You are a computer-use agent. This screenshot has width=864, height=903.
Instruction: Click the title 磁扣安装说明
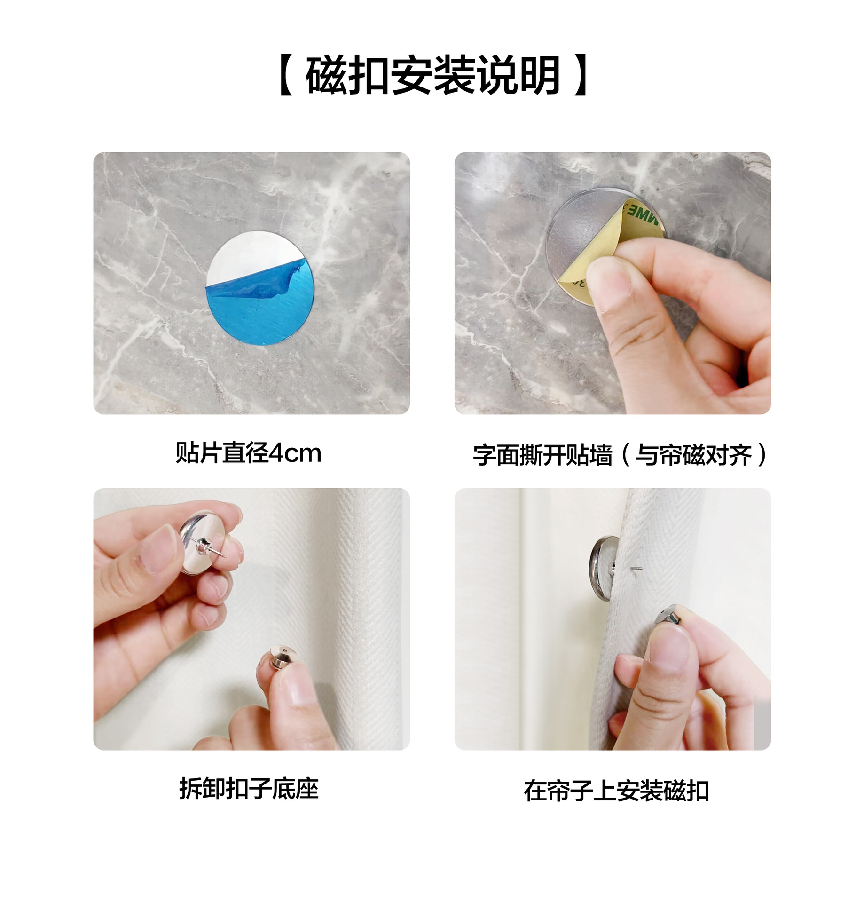[x=432, y=75]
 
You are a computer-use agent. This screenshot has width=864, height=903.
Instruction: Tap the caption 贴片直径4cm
[x=249, y=453]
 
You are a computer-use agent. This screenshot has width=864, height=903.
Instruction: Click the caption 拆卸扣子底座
[x=249, y=789]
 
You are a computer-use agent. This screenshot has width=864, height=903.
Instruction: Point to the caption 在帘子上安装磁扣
[x=616, y=791]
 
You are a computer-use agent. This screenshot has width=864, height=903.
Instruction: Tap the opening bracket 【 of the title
[x=286, y=75]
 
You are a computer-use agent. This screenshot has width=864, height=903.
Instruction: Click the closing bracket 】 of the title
[x=581, y=75]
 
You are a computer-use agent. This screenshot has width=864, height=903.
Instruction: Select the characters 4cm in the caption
[x=295, y=453]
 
